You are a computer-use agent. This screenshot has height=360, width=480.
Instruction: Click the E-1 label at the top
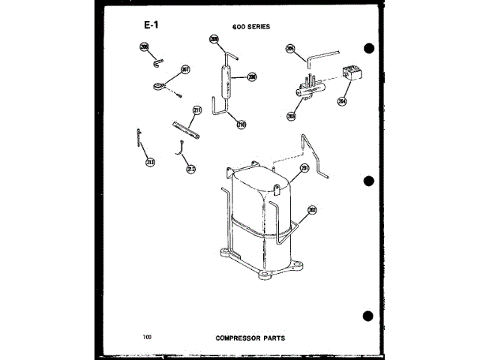click(151, 25)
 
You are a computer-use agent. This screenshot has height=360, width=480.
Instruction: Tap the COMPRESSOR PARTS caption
click(250, 337)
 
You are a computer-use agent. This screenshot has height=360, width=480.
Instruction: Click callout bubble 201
click(305, 168)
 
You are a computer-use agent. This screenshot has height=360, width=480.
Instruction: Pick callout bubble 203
click(292, 116)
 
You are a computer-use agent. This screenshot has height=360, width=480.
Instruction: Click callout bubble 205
click(290, 50)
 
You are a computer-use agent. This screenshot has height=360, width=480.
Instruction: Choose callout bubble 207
click(185, 70)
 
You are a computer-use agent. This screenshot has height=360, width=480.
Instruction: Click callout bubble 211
click(197, 111)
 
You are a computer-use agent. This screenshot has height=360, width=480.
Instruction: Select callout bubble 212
click(191, 168)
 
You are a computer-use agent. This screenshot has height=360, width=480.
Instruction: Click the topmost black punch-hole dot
click(368, 49)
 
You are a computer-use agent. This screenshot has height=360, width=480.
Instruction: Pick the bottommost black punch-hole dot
click(367, 315)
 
